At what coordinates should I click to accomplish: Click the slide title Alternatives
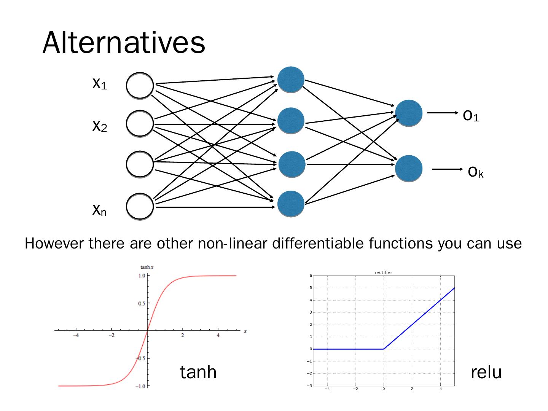[x=124, y=42]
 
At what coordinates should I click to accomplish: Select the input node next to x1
[x=140, y=86]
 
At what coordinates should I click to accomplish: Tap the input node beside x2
[x=140, y=123]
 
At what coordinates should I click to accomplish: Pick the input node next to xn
[x=140, y=206]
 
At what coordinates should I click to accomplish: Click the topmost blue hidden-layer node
[x=291, y=80]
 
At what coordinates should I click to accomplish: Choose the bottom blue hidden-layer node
[x=291, y=204]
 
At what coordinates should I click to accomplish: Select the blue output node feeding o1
[x=409, y=113]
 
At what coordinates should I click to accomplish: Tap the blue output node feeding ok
[x=409, y=168]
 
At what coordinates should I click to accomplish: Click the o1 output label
[x=471, y=115]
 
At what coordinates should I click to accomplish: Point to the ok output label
[x=476, y=172]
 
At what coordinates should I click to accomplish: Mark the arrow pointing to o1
[x=443, y=113]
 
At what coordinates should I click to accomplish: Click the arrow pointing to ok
[x=447, y=169]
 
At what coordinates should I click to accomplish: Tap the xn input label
[x=99, y=209]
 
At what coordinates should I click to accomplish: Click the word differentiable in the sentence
[x=319, y=243]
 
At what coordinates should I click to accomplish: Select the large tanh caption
[x=198, y=372]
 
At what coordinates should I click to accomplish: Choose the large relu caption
[x=486, y=372]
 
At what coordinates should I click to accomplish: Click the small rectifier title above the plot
[x=383, y=272]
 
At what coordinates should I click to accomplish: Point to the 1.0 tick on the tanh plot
[x=142, y=276]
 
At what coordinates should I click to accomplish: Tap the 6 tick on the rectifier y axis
[x=311, y=276]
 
